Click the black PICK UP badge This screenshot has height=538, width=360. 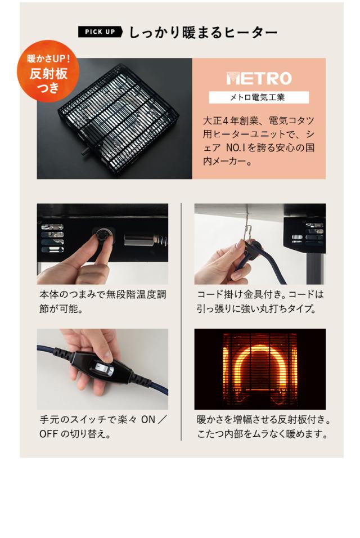(100, 32)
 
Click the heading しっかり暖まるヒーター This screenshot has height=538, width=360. (203, 32)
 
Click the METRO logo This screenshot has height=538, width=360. (259, 78)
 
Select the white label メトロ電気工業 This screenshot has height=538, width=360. (259, 97)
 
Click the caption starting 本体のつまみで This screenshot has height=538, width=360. (102, 302)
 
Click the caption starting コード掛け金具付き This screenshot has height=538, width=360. (260, 302)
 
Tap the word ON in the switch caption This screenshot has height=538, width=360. (147, 420)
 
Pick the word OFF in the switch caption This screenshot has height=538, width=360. (49, 434)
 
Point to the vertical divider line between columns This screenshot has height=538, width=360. (181, 321)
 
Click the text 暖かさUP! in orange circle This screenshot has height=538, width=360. (48, 58)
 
